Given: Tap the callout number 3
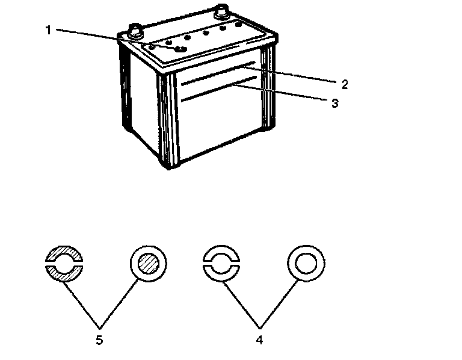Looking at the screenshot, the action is click(x=334, y=103).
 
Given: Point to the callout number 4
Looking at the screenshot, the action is click(x=259, y=339).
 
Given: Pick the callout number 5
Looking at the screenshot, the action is click(x=99, y=339).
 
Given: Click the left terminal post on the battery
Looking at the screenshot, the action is click(x=134, y=29).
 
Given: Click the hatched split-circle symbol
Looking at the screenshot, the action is click(x=64, y=263).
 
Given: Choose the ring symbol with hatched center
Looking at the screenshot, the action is click(x=148, y=263).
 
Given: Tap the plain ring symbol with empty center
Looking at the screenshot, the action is click(x=306, y=263).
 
